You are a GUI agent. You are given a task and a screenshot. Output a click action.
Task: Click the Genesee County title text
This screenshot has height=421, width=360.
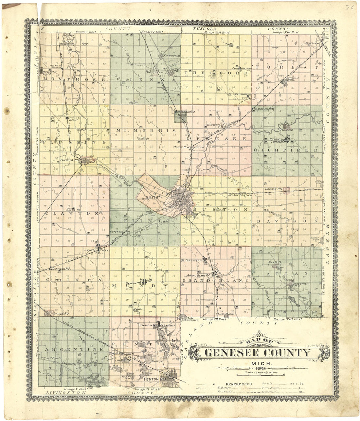click(x=257, y=353)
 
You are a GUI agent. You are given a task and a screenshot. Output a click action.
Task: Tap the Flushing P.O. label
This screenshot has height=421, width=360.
click(x=70, y=160)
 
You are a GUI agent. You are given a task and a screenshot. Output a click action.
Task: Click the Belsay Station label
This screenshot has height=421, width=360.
click(x=240, y=195)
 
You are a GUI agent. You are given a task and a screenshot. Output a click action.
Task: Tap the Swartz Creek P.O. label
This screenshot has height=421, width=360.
click(x=98, y=251)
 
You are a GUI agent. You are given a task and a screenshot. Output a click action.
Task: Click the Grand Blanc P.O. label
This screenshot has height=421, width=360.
click(x=197, y=275)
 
